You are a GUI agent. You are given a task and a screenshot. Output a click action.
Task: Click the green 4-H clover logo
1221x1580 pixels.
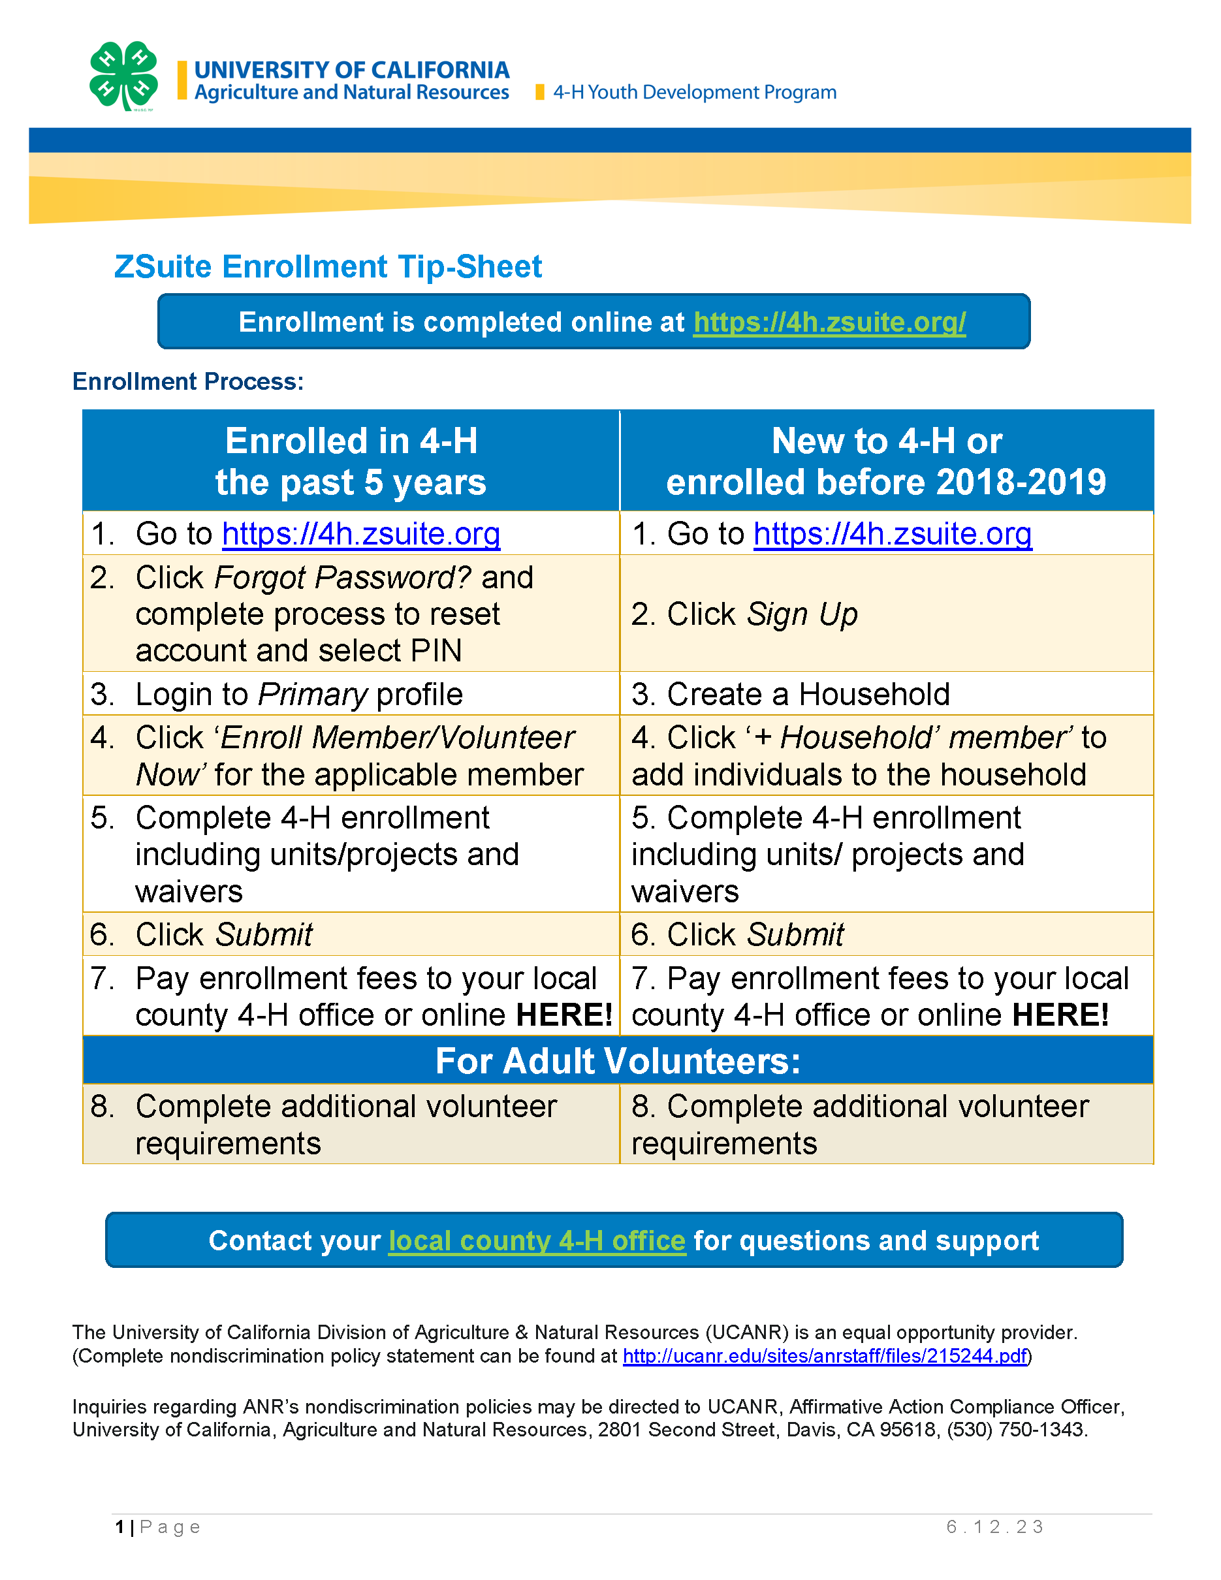click(123, 76)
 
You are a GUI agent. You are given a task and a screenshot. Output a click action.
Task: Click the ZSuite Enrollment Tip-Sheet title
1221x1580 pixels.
click(328, 267)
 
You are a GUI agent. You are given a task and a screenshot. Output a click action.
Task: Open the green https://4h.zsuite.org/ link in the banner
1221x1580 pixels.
click(829, 322)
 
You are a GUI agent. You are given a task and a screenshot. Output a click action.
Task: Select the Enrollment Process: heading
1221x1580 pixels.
click(188, 381)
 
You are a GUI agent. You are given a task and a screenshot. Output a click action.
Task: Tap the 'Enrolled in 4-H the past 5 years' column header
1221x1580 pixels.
click(351, 462)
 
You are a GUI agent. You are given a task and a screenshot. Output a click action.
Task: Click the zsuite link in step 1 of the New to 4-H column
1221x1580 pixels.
click(892, 534)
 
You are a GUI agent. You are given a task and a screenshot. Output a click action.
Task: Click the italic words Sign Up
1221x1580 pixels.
click(801, 614)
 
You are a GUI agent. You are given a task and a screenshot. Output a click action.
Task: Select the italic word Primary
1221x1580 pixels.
click(313, 695)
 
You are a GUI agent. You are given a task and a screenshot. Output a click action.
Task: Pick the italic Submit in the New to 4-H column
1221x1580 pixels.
click(796, 935)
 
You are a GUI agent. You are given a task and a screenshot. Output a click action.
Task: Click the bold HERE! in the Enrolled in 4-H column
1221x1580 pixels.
click(564, 1015)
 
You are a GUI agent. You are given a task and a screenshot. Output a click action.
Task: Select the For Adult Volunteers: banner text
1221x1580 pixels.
click(618, 1062)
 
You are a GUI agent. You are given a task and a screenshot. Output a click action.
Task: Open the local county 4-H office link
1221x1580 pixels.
click(537, 1240)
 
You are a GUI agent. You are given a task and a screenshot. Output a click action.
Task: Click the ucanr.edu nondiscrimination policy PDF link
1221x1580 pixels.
click(825, 1356)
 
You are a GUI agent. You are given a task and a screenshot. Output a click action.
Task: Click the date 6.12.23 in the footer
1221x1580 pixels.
click(994, 1526)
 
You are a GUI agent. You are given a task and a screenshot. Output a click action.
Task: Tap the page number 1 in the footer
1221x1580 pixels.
click(119, 1527)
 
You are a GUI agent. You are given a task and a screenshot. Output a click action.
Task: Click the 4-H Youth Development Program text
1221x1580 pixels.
click(695, 93)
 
